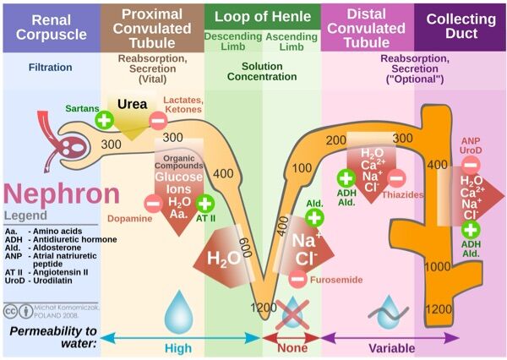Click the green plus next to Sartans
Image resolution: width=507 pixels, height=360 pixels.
tap(104, 119)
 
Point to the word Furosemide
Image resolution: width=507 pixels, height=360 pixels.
tap(337, 279)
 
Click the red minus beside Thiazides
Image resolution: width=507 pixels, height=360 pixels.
tap(396, 177)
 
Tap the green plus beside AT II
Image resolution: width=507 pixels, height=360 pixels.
tap(204, 203)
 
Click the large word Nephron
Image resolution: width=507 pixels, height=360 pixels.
tap(61, 194)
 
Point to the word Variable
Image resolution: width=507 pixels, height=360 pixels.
tap(390, 346)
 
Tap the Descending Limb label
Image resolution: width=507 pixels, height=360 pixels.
tap(232, 43)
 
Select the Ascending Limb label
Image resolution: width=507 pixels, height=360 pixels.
tap(292, 43)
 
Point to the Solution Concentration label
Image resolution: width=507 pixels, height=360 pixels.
tap(262, 72)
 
